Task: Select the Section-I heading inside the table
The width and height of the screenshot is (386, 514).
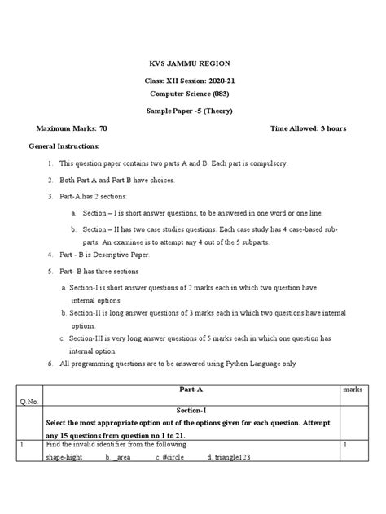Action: [193, 412]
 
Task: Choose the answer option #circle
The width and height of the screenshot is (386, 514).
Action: [174, 458]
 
